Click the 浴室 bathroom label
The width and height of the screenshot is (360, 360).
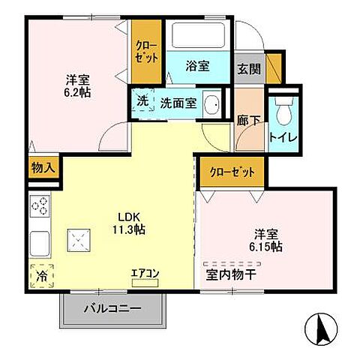[196, 66]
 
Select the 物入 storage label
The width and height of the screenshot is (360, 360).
[43, 168]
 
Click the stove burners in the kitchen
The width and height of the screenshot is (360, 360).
[39, 205]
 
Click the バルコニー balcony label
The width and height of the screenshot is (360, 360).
[112, 308]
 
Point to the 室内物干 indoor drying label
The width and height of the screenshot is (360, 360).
[232, 274]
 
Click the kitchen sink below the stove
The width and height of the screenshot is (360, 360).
[39, 242]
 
